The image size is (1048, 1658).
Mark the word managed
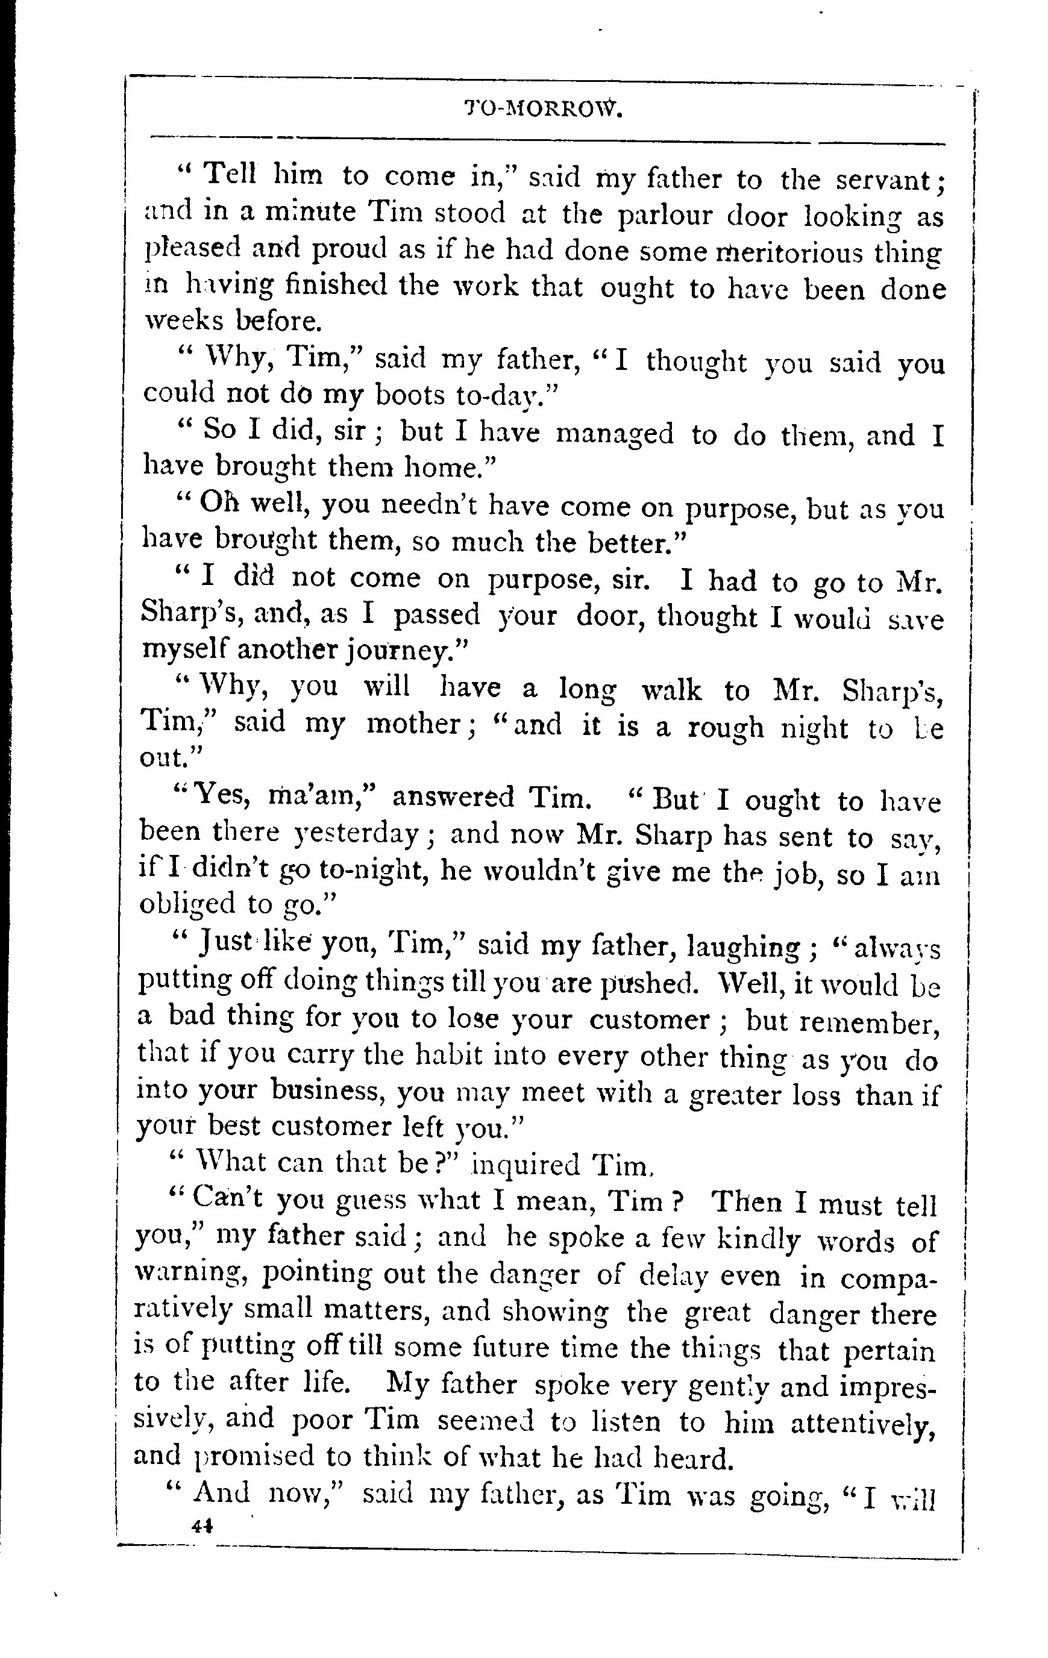614,435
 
